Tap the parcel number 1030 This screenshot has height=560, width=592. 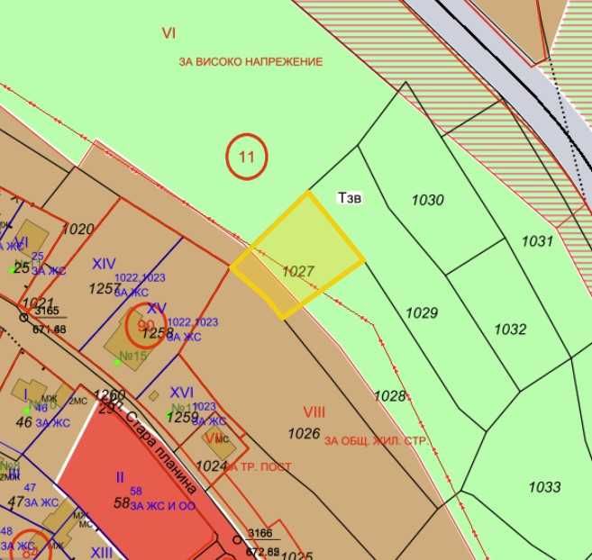pyautogui.click(x=428, y=200)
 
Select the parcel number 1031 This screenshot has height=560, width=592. pyautogui.click(x=536, y=241)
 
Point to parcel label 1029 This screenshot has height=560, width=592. pyautogui.click(x=422, y=313)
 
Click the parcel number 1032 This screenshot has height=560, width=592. pyautogui.click(x=510, y=330)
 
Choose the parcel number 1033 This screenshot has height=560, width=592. pyautogui.click(x=544, y=487)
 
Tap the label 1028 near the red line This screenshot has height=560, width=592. pyautogui.click(x=389, y=396)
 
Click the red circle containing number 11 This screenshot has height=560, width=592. pyautogui.click(x=246, y=156)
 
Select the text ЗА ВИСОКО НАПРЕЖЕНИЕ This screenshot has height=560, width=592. pyautogui.click(x=250, y=61)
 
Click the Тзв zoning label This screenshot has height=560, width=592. pyautogui.click(x=349, y=198)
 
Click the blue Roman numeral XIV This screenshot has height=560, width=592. pyautogui.click(x=104, y=264)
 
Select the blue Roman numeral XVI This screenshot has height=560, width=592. pyautogui.click(x=182, y=393)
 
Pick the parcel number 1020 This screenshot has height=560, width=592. pyautogui.click(x=78, y=230)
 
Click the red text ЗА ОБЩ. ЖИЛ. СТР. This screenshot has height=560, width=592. pyautogui.click(x=377, y=440)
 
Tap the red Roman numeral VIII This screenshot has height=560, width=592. pyautogui.click(x=314, y=412)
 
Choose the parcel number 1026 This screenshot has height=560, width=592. pyautogui.click(x=304, y=434)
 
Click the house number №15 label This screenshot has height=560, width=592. pyautogui.click(x=133, y=356)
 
